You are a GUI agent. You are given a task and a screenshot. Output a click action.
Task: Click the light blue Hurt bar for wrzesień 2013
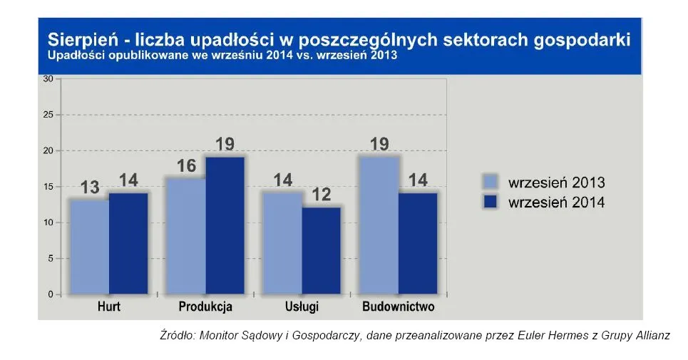coord(89,247)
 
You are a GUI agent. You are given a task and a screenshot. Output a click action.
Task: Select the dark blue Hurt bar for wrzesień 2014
coord(128,243)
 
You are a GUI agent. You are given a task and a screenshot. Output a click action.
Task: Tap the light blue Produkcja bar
coord(187,236)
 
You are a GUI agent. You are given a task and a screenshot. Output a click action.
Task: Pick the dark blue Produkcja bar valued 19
coord(225,225)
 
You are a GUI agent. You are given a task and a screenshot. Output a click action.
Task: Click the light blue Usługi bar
coord(283,243)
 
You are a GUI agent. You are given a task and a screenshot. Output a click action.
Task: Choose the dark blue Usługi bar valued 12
coord(322,250)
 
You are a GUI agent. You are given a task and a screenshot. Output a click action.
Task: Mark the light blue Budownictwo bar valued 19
coord(380,225)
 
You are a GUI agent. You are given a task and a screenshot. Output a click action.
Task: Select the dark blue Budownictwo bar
coord(419,243)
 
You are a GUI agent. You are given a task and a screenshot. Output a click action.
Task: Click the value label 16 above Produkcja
coord(187,167)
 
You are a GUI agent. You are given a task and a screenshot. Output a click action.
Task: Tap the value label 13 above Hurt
coord(89,188)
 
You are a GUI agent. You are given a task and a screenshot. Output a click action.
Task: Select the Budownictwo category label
coord(398,308)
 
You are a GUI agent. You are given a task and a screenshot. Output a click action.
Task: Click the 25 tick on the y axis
coord(48,115)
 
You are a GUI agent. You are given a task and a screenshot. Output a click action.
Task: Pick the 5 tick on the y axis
coord(51,259)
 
